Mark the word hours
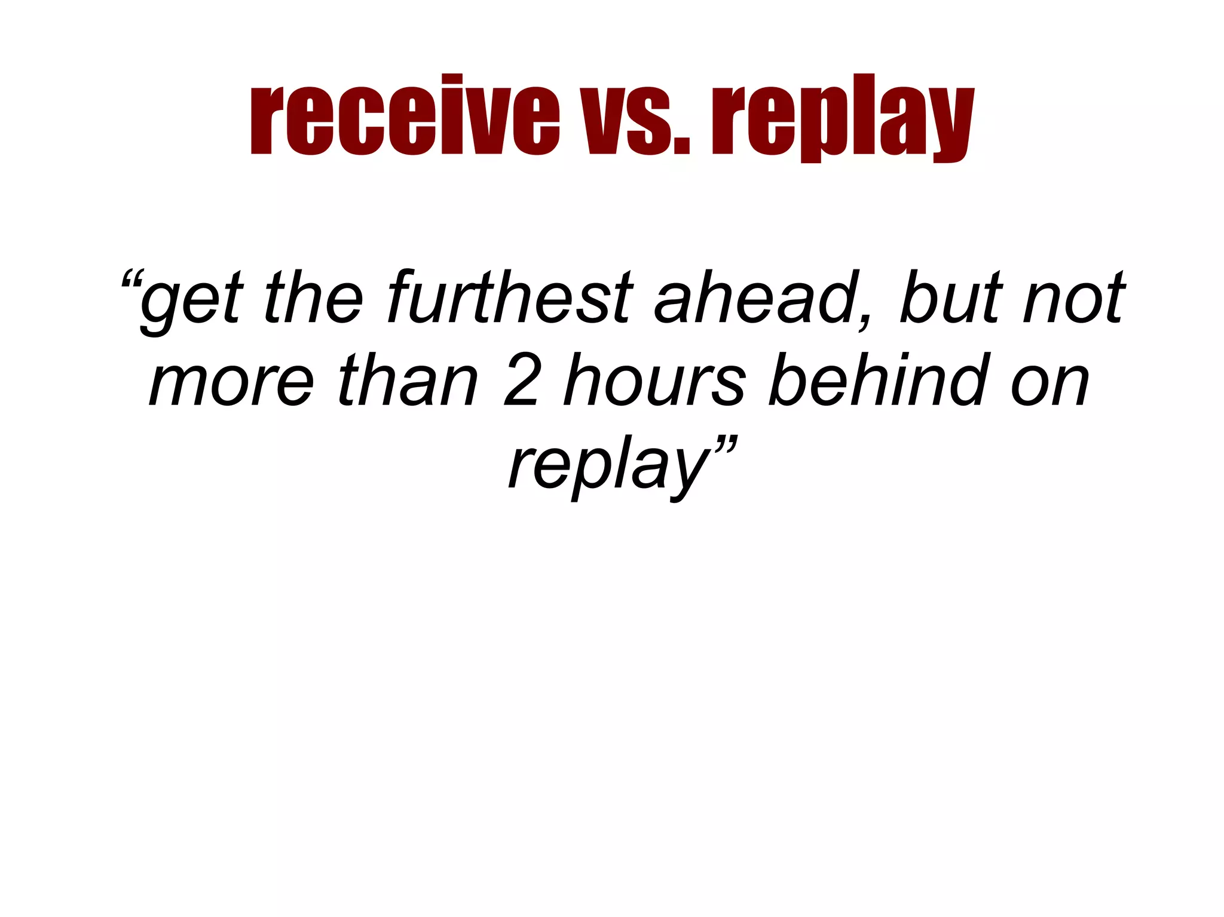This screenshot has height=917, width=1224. pos(654,379)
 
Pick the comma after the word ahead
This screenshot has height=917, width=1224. pos(864,320)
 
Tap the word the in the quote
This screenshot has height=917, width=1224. pos(313,297)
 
